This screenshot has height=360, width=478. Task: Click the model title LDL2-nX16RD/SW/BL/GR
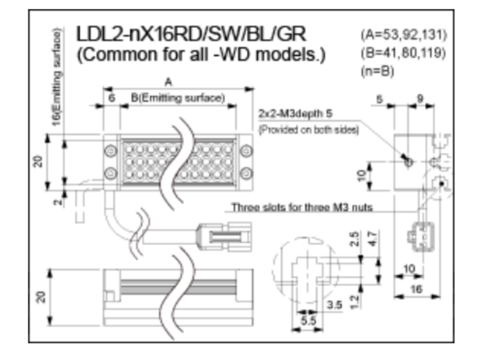click(191, 34)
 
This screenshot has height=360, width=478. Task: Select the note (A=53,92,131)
click(404, 35)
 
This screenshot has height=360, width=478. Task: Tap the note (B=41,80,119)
click(403, 53)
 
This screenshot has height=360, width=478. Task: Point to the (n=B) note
click(377, 71)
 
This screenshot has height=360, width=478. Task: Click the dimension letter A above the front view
click(168, 82)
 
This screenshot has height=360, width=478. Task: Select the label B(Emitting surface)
click(178, 98)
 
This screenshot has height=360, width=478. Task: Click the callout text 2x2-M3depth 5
click(295, 114)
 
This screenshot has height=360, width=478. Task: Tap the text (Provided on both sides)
click(309, 130)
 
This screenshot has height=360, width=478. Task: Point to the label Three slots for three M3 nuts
click(302, 207)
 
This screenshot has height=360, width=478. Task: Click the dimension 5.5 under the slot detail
click(308, 321)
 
